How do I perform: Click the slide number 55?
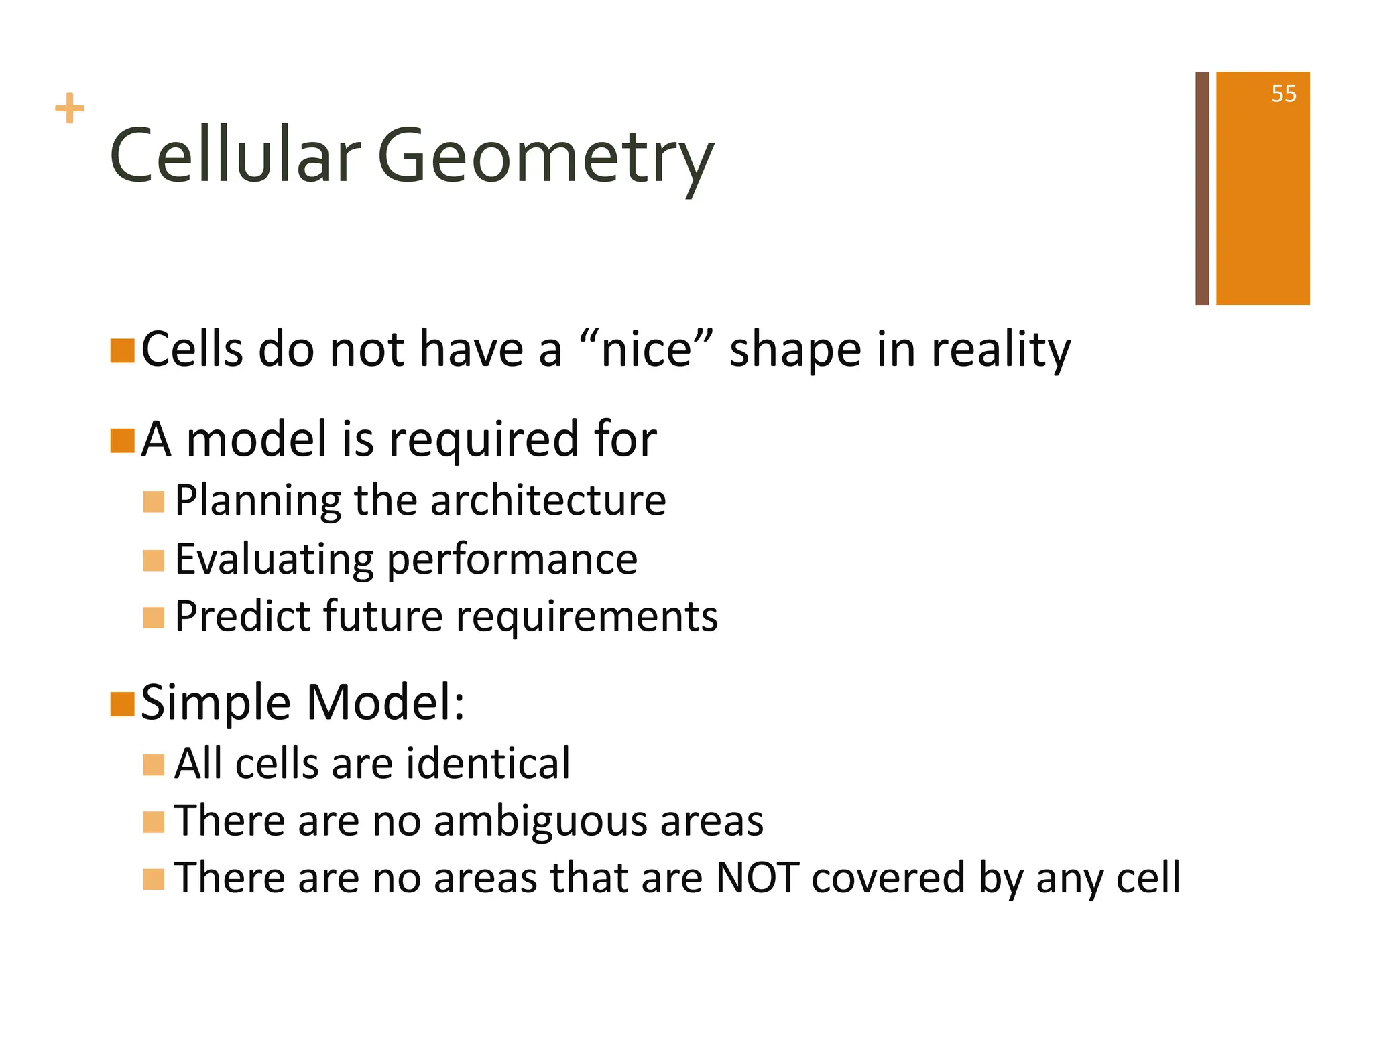tap(1283, 94)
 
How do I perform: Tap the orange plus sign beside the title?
tap(70, 109)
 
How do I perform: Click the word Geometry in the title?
tap(545, 157)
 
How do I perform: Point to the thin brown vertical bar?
tap(1201, 188)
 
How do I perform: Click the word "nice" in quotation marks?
tap(646, 350)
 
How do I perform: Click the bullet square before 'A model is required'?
tap(123, 440)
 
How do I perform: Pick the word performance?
tap(512, 560)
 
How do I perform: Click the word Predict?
tap(242, 616)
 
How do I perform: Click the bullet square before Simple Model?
tap(123, 704)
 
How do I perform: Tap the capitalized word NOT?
tap(757, 878)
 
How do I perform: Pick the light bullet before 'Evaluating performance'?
tap(154, 560)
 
